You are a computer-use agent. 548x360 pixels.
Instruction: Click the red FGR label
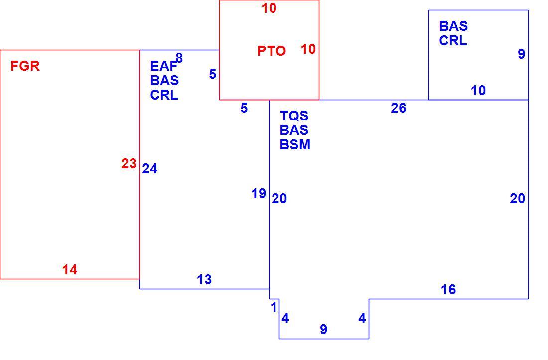25,66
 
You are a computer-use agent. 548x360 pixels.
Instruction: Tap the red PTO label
272,51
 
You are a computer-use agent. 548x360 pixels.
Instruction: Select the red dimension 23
129,163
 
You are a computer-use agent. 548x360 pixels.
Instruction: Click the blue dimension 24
150,169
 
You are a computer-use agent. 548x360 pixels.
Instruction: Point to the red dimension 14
70,269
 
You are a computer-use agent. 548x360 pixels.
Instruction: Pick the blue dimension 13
204,279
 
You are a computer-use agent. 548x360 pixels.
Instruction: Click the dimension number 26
399,108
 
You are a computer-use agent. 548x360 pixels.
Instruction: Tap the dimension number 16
448,289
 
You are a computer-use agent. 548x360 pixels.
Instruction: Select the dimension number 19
259,193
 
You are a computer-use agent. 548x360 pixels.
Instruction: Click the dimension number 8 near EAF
179,58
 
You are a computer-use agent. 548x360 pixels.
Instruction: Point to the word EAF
163,66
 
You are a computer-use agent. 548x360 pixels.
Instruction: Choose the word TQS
294,116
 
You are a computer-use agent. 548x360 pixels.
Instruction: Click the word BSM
295,144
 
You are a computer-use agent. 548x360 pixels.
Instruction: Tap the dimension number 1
274,307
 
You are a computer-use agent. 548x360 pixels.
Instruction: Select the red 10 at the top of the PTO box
269,8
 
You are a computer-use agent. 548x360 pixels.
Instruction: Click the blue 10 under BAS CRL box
478,91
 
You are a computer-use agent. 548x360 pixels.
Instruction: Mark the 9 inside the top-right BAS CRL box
521,54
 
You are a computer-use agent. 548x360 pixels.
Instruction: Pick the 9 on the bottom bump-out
324,329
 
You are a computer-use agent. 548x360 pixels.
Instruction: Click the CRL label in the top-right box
453,40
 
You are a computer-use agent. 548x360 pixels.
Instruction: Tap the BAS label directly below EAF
164,80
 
